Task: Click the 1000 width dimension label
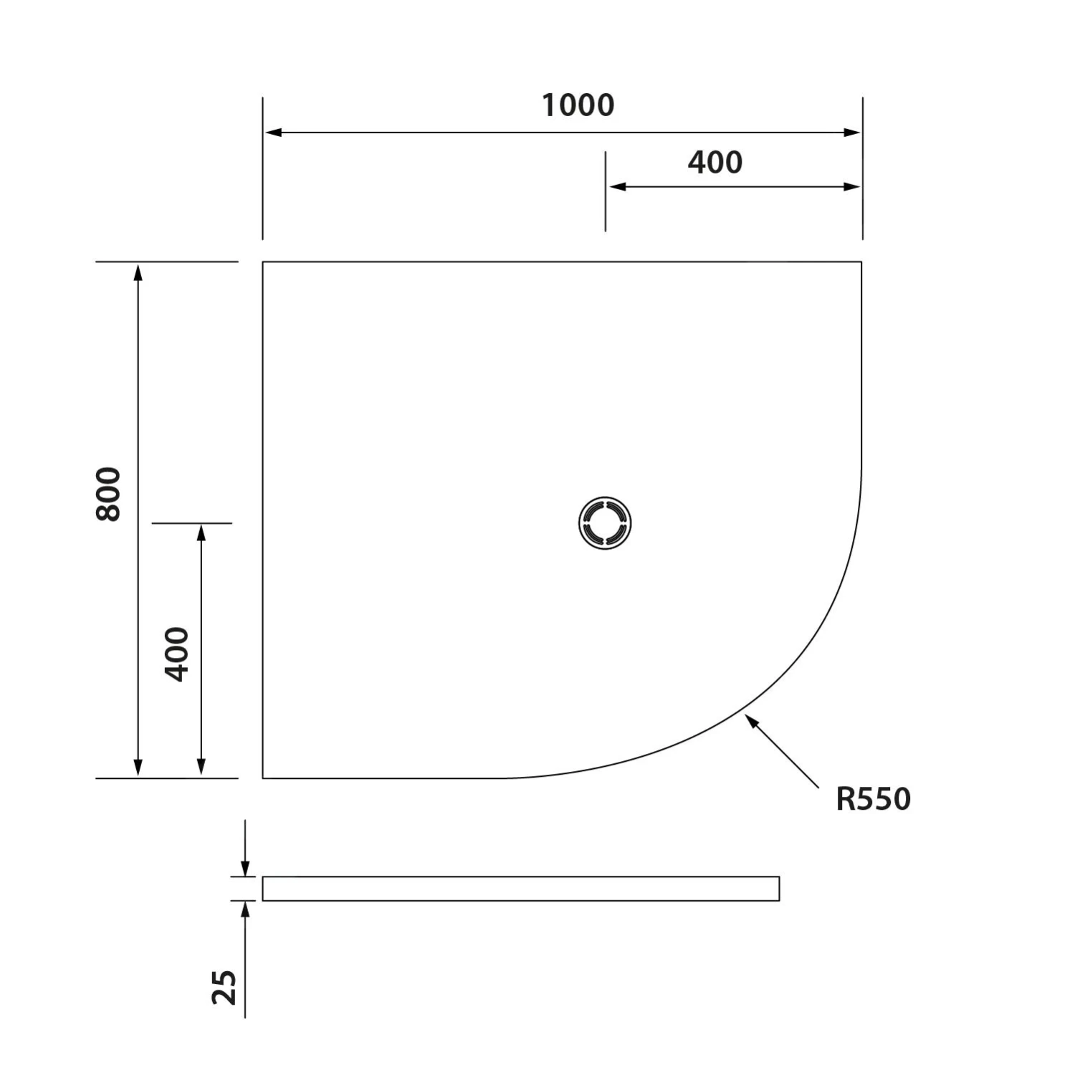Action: [578, 105]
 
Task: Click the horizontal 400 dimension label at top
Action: [715, 163]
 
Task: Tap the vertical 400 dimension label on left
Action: [177, 654]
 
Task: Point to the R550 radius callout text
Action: [872, 798]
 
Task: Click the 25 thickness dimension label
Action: [224, 987]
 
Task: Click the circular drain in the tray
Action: [605, 522]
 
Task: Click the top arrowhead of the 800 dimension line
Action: [138, 272]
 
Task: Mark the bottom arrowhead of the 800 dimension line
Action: [138, 768]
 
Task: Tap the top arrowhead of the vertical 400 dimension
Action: [201, 532]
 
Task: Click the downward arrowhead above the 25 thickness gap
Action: [245, 869]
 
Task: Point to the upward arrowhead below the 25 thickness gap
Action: [245, 909]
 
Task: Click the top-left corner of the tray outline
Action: [263, 262]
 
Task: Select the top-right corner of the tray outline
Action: [861, 262]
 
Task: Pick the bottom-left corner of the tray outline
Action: [263, 778]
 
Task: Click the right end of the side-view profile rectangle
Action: [779, 888]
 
